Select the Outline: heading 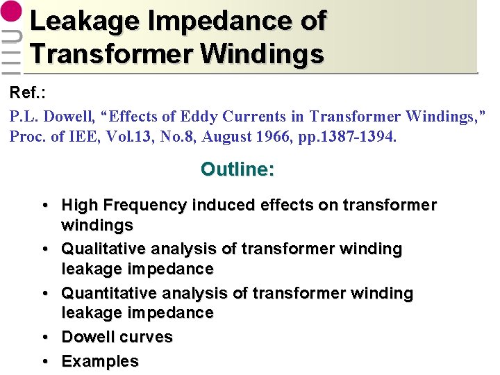pyautogui.click(x=237, y=169)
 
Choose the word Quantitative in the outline pyautogui.click(x=107, y=294)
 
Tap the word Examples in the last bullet pyautogui.click(x=100, y=362)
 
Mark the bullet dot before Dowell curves pyautogui.click(x=44, y=337)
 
